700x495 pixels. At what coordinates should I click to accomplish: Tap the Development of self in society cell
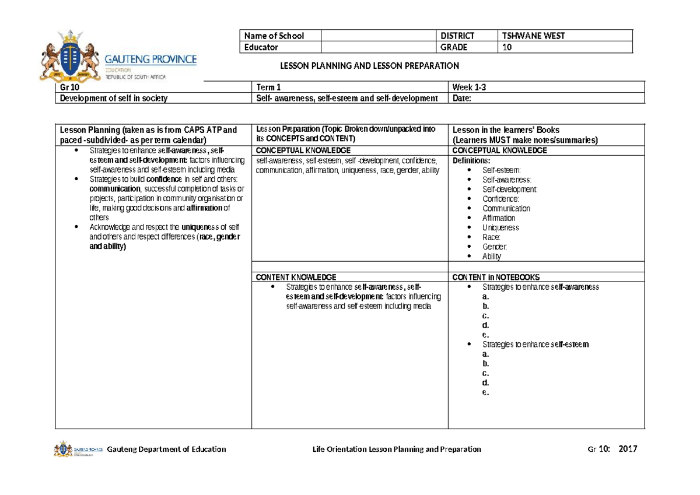(113, 99)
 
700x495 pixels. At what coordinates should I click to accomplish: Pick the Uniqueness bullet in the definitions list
(500, 227)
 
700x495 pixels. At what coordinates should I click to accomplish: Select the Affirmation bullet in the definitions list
(499, 218)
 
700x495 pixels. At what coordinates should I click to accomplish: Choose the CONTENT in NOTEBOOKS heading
(496, 277)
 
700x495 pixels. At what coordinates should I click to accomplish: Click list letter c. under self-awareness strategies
(485, 315)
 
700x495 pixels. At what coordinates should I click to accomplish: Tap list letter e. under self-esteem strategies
(485, 392)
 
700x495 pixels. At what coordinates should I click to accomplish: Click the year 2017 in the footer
(628, 449)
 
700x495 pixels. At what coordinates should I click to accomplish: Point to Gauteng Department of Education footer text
(166, 449)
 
